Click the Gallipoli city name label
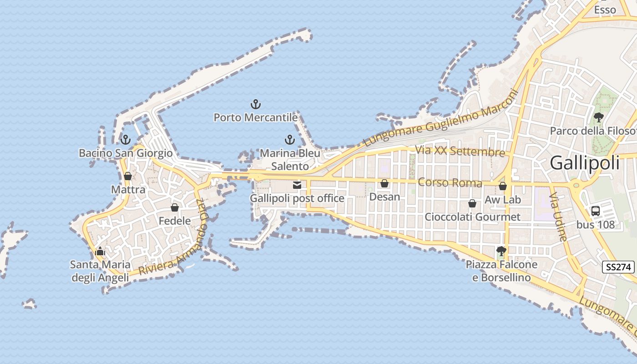(585, 162)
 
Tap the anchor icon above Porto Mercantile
(256, 105)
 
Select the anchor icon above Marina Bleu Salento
(289, 140)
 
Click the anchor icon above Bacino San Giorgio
(126, 140)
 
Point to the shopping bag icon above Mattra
(128, 176)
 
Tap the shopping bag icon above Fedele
(175, 207)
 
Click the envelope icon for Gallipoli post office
(297, 185)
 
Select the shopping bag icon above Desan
(384, 183)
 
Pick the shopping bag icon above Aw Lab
(503, 186)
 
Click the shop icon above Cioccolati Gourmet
(472, 203)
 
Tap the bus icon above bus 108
(595, 211)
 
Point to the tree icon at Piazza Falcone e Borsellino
(501, 251)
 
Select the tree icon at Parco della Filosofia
(598, 117)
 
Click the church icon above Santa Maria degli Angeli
(100, 251)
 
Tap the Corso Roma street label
(450, 182)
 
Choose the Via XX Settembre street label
(460, 151)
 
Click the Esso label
(605, 10)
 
